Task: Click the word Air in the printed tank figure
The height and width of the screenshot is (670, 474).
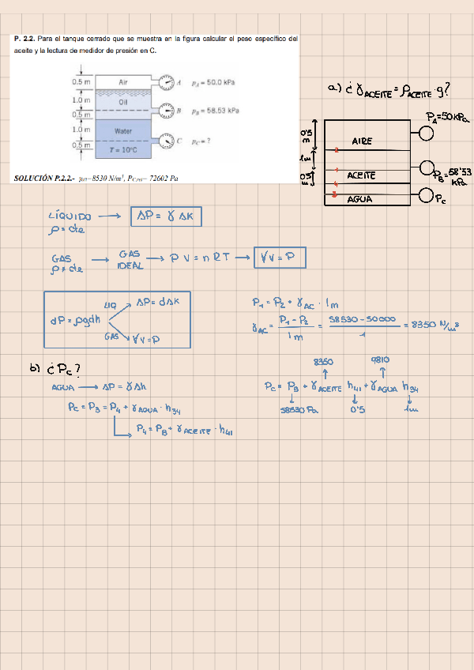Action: [x=123, y=81]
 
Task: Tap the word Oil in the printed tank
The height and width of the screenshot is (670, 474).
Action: [x=123, y=101]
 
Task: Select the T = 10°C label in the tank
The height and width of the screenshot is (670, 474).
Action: [x=123, y=148]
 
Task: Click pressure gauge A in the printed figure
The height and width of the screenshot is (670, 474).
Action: [x=166, y=81]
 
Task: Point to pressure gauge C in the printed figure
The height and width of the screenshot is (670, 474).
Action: [x=166, y=141]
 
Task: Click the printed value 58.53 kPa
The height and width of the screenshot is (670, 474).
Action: [x=216, y=111]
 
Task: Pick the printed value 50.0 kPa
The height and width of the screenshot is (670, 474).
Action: [x=214, y=81]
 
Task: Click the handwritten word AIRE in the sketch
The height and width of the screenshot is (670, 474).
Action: [x=362, y=141]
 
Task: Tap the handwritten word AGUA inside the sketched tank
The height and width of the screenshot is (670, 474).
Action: [x=360, y=200]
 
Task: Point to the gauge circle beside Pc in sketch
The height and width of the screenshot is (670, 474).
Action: [x=427, y=195]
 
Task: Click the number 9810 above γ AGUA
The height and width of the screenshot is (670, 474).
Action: [x=381, y=360]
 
